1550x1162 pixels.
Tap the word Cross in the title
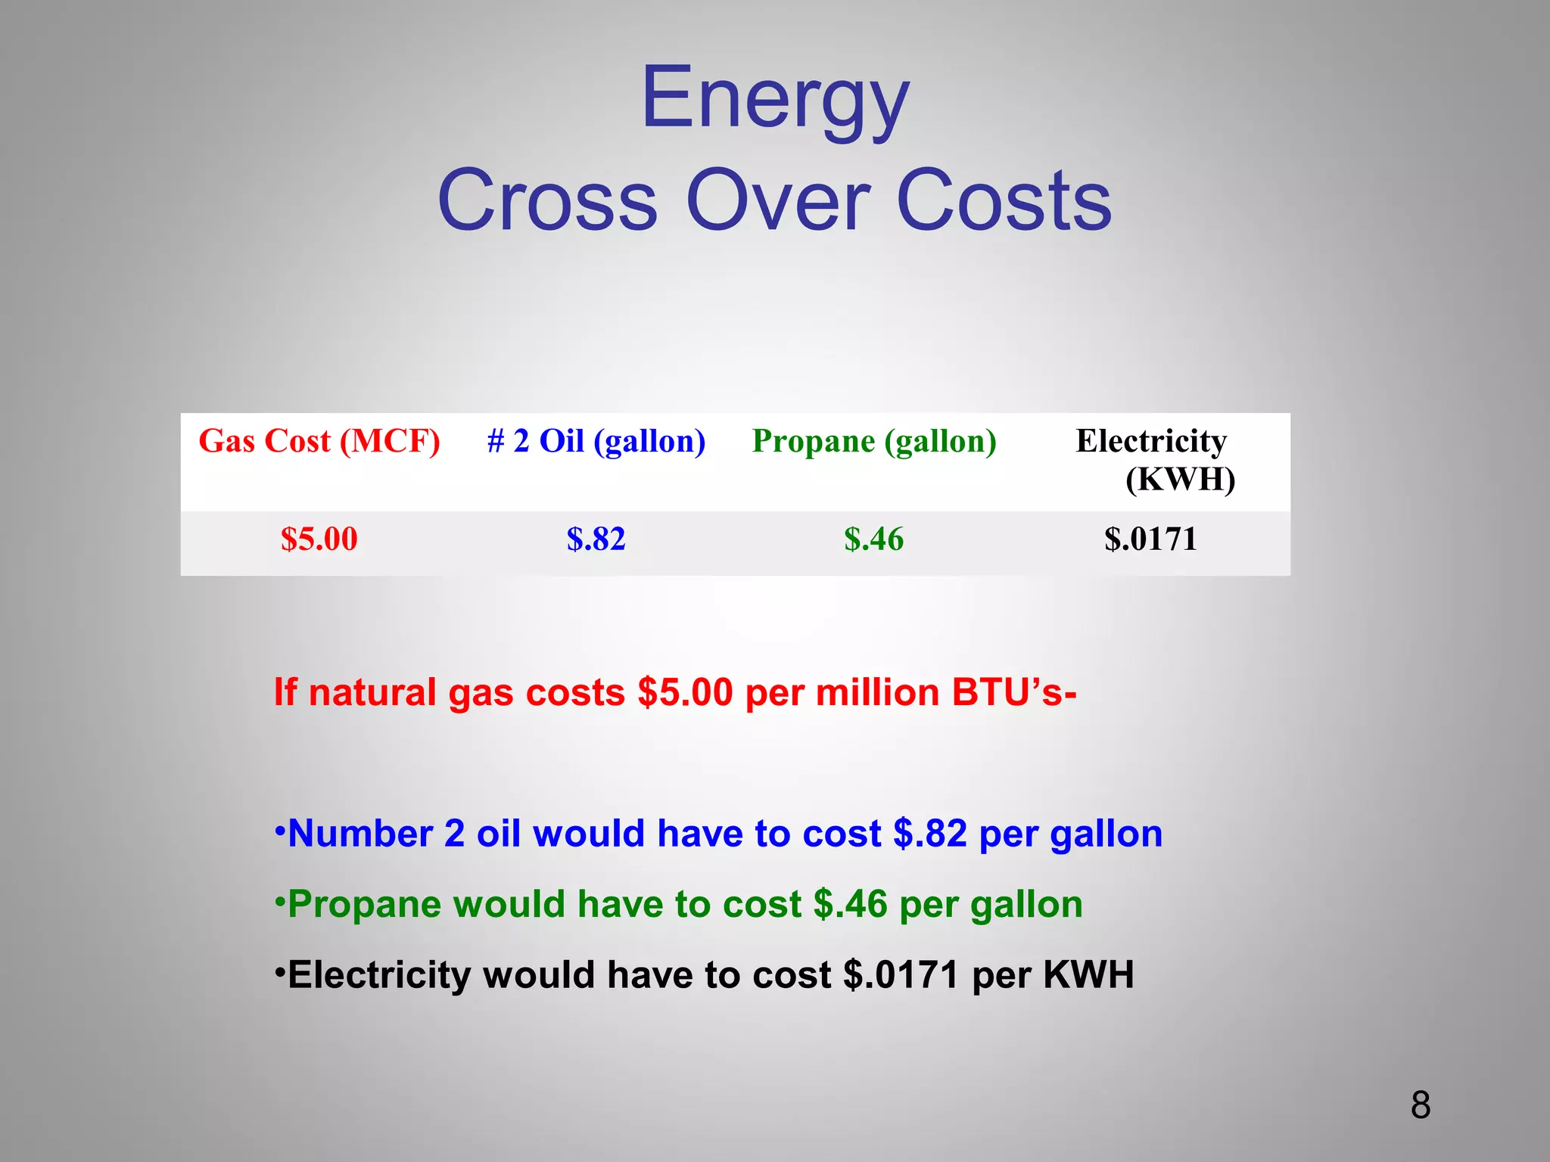pyautogui.click(x=547, y=201)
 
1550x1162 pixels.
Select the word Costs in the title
pyautogui.click(x=1004, y=201)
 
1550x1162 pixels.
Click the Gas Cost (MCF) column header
pyautogui.click(x=319, y=441)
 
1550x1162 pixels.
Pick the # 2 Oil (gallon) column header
pyautogui.click(x=596, y=441)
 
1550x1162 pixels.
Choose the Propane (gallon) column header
pyautogui.click(x=874, y=441)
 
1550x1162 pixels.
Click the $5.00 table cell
pyautogui.click(x=319, y=539)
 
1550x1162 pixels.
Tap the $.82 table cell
pyautogui.click(x=596, y=539)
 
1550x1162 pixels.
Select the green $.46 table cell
pyautogui.click(x=874, y=539)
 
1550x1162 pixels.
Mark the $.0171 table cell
pyautogui.click(x=1150, y=539)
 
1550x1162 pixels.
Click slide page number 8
pyautogui.click(x=1421, y=1105)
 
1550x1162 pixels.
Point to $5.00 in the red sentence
pyautogui.click(x=685, y=692)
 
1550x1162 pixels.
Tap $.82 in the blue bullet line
pyautogui.click(x=930, y=834)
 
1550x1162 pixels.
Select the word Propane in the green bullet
pyautogui.click(x=363, y=905)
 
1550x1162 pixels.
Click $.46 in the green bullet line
pyautogui.click(x=850, y=905)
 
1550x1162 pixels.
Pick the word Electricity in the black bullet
pyautogui.click(x=378, y=975)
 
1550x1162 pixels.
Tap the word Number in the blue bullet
pyautogui.click(x=360, y=834)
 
